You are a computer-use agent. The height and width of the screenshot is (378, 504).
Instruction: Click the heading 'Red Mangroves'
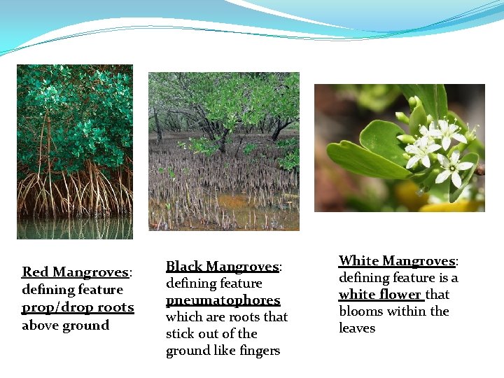pos(75,272)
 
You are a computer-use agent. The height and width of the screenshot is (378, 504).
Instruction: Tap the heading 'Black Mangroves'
pos(222,267)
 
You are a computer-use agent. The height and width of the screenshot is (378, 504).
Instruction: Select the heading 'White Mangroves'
pos(397,261)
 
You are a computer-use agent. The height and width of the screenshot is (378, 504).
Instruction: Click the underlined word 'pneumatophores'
pos(223,300)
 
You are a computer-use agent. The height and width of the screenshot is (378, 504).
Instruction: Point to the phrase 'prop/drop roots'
pos(77,307)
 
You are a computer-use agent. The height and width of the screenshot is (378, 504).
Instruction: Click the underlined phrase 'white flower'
pos(380,295)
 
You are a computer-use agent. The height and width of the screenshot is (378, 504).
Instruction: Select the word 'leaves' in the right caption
pos(357,328)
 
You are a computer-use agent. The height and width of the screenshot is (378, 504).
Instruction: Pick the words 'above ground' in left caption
pos(65,325)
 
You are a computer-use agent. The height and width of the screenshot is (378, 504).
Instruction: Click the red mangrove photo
pos(74,140)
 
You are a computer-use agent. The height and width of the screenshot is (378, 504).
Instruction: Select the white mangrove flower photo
pos(399,147)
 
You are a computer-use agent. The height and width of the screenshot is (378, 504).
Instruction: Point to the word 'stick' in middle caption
pos(179,334)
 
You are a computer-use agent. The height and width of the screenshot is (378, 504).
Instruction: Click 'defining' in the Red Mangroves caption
pos(46,290)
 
